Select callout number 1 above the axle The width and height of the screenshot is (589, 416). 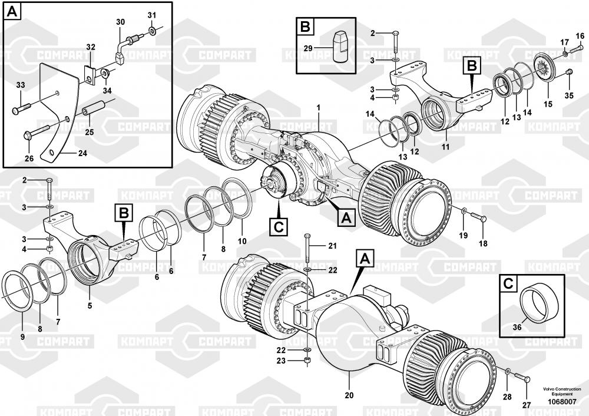[318, 108]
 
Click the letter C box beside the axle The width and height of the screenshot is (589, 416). [279, 225]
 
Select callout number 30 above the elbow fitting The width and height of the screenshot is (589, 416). [120, 22]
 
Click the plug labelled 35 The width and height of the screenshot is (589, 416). [568, 72]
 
